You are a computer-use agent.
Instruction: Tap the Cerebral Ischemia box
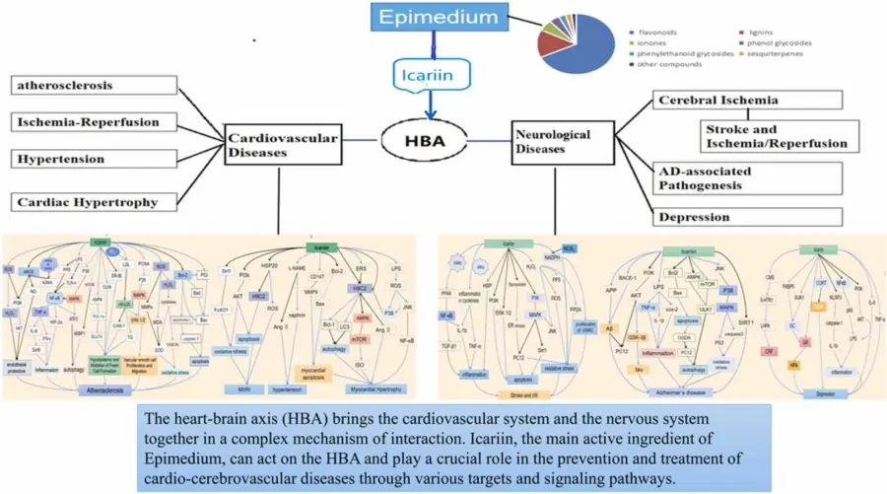point(748,100)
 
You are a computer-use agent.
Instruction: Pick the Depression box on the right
point(747,216)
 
